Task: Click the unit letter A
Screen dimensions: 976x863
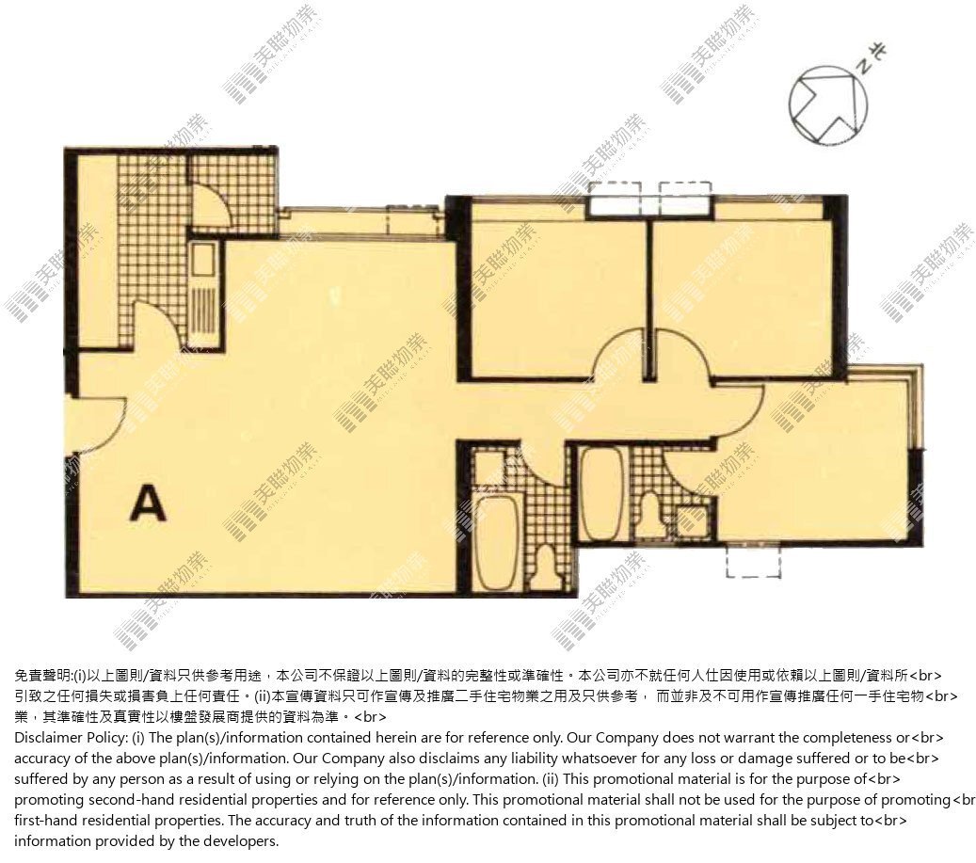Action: (148, 503)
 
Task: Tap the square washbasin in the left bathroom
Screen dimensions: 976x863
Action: (489, 468)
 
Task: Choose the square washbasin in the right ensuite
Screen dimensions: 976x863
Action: (691, 521)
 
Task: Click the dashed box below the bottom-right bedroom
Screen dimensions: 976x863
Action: (754, 561)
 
